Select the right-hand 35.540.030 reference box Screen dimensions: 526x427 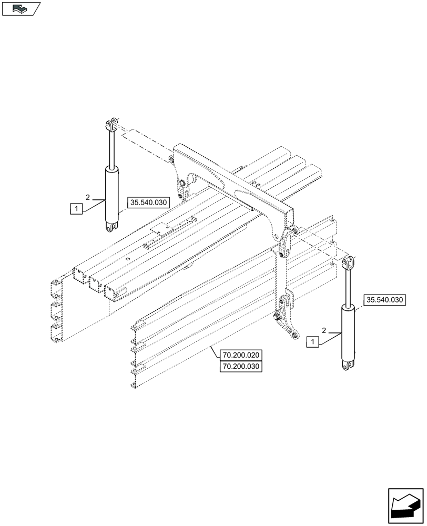[384, 300]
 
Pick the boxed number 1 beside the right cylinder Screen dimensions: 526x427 [314, 342]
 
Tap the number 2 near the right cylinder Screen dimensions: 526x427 [324, 330]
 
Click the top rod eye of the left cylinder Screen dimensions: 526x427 [111, 125]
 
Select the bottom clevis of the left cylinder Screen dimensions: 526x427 [111, 227]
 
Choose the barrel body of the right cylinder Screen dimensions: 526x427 [348, 331]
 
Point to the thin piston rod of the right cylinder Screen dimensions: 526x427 [348, 287]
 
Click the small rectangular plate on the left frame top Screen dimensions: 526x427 [161, 230]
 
